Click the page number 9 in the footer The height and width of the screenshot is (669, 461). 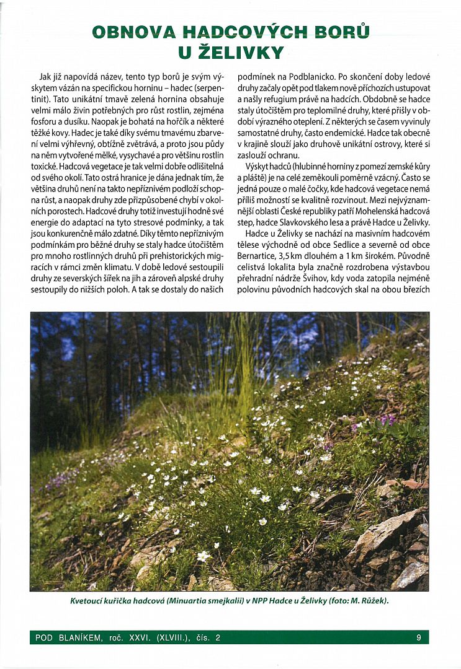pos(419,637)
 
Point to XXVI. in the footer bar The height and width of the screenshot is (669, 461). pos(140,637)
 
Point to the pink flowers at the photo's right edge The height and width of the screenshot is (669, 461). pos(387,420)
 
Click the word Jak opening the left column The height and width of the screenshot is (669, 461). pos(45,77)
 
